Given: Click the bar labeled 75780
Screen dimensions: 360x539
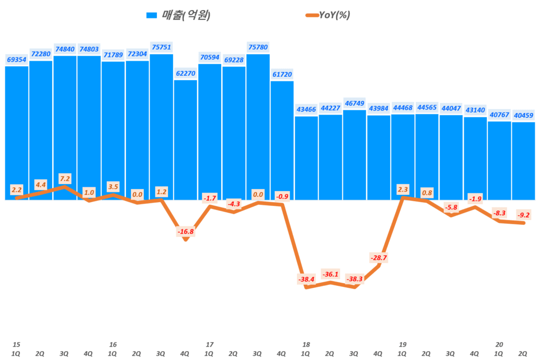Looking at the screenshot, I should coord(258,126).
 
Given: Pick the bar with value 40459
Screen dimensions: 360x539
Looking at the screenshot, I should coord(523,161).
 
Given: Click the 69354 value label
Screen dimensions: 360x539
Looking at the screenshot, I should coord(16,59).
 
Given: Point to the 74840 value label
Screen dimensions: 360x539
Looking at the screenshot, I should coord(65,49).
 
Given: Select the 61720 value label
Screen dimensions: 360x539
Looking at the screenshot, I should coord(282,74).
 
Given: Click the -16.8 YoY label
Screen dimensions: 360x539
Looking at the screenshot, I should coord(185,231).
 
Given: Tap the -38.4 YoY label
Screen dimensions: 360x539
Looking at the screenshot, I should coord(306,279).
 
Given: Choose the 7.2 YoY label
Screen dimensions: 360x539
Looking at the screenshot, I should coord(65,178).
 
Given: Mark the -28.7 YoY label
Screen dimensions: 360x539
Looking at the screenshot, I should coord(378,258).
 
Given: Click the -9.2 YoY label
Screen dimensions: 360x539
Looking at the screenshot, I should coord(523,215).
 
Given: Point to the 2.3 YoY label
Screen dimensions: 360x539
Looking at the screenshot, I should coord(403,189).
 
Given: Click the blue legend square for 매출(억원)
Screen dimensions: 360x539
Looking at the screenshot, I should coord(152,16).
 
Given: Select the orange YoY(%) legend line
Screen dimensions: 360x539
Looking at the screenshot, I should coord(311,15).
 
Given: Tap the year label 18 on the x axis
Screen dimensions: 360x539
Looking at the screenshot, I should coord(306,345).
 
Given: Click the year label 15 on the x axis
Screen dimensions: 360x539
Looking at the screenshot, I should coord(16,345).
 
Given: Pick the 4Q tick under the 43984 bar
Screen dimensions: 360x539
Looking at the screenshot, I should coord(378,354).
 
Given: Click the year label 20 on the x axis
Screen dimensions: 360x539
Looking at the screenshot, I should coord(499,345).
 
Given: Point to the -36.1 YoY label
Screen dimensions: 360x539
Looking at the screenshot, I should coord(330,274).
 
